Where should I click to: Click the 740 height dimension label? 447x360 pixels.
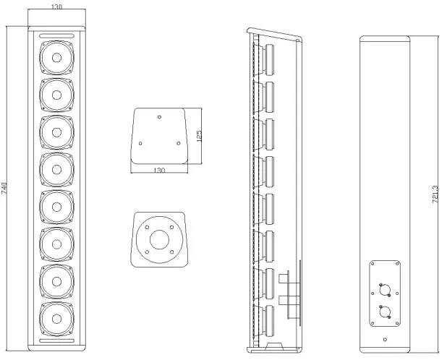click(5, 189)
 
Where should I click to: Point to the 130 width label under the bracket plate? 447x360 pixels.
click(160, 170)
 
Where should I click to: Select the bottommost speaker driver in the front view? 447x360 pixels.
click(56, 316)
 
